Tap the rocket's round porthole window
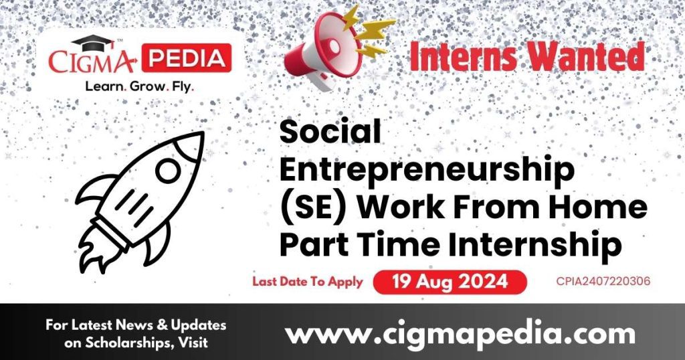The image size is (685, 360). point(167,171)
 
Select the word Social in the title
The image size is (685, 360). point(330,132)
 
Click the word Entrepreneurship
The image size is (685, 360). point(427,171)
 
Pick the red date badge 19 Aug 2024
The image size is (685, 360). point(450,282)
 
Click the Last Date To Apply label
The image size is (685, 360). point(307,282)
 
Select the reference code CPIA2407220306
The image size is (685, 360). point(603,282)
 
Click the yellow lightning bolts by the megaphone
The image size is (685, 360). point(371,28)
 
